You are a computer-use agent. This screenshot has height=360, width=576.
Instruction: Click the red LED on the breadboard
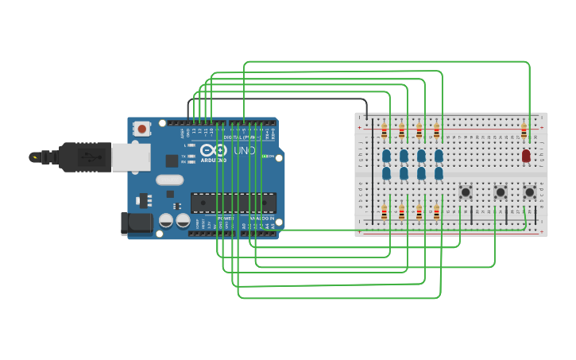tap(526, 156)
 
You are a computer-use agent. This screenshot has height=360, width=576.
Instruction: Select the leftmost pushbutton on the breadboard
tap(466, 192)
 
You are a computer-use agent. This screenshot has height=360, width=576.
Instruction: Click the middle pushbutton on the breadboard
tap(501, 192)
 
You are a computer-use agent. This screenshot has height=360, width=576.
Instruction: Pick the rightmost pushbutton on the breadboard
tap(530, 192)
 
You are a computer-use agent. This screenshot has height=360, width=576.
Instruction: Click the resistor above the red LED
tap(524, 131)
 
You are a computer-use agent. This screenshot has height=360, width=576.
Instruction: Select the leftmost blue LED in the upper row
tap(386, 155)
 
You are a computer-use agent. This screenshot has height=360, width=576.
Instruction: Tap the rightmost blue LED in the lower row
tap(439, 172)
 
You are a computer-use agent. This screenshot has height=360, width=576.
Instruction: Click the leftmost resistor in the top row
tap(384, 131)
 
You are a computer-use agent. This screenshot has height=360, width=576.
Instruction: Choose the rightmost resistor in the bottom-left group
tap(436, 212)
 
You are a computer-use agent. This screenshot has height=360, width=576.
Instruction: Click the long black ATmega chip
tap(234, 203)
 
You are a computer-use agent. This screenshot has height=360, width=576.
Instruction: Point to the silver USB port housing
tap(130, 157)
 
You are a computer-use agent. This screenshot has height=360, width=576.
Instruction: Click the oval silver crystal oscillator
tap(169, 180)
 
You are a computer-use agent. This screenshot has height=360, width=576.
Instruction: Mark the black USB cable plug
tap(83, 157)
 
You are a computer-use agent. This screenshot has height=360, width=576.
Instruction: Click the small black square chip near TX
tap(172, 161)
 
